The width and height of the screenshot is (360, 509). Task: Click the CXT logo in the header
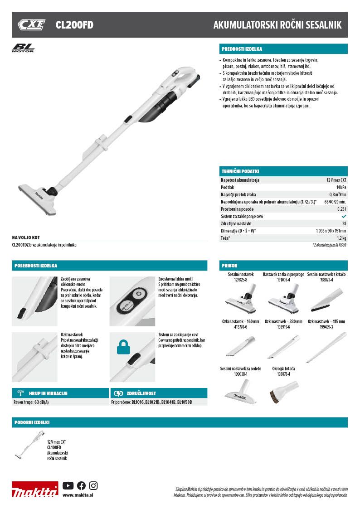tap(31, 25)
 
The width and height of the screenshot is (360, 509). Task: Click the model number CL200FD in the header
tap(74, 25)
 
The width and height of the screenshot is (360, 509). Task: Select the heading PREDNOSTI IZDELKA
tap(242, 49)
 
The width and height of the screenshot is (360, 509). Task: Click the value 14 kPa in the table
tap(341, 187)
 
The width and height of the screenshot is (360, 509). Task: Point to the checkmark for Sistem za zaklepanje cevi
tap(344, 217)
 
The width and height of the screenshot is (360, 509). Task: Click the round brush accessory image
tap(283, 388)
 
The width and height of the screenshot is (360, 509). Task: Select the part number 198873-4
tap(326, 280)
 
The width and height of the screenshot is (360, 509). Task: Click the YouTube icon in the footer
tap(68, 485)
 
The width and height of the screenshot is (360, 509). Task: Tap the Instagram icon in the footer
tap(93, 485)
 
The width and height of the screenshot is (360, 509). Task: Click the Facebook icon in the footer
tap(81, 485)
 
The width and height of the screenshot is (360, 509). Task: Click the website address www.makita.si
tap(75, 495)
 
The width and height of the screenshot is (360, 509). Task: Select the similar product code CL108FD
tap(54, 447)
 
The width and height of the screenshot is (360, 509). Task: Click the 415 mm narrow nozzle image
tap(326, 347)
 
